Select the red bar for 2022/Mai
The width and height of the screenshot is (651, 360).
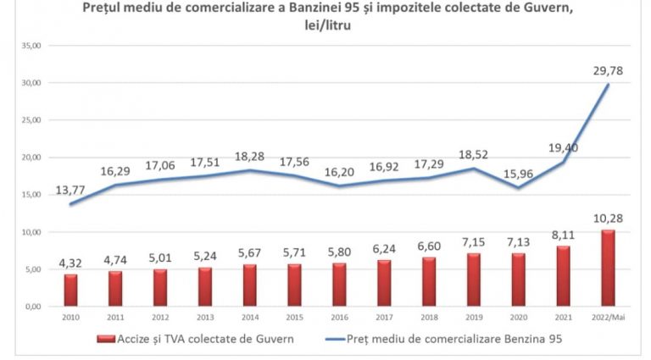tap(608, 268)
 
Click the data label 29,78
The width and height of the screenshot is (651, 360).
tap(608, 70)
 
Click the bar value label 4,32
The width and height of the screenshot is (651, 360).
tap(70, 263)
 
